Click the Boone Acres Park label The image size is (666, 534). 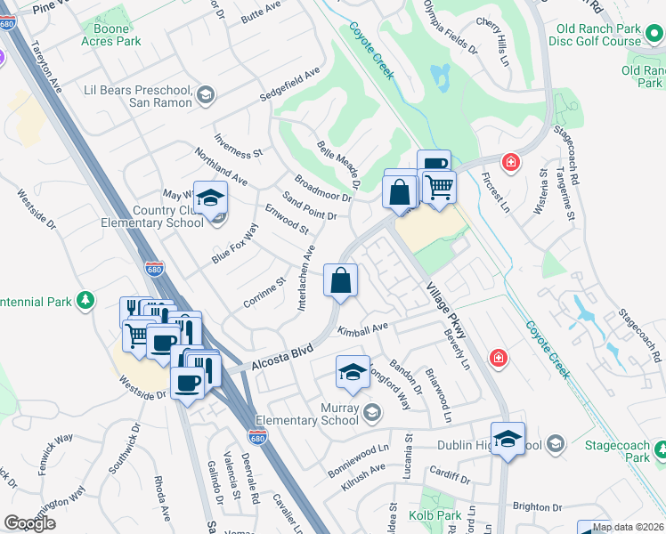coord(111,35)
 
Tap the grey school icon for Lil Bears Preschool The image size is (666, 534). coord(206,95)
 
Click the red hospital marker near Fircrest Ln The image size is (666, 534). coord(510,162)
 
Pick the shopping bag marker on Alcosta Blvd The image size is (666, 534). coord(340,282)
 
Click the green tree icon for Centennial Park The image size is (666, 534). coord(85,301)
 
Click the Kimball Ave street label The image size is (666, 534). coord(363,328)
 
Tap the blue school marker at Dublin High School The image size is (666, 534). coord(508,440)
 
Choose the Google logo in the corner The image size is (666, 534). coord(30,523)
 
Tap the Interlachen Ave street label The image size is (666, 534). coord(305,278)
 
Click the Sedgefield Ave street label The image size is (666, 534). coord(289,86)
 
